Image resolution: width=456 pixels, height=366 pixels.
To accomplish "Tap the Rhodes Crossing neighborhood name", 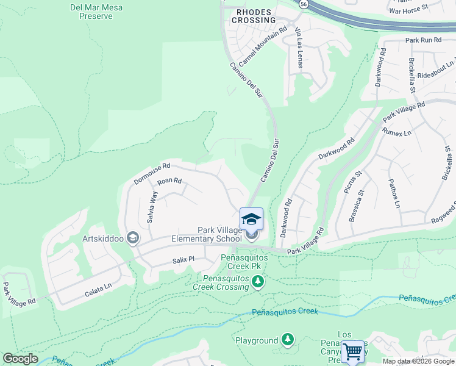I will (253, 16).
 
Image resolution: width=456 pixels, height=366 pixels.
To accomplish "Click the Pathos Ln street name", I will (394, 193).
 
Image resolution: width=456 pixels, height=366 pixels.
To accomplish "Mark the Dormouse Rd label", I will (152, 173).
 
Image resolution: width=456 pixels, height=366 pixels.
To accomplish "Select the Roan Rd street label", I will (169, 181).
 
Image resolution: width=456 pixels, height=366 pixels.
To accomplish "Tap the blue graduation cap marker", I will (251, 219).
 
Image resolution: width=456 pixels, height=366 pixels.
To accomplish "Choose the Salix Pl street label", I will (183, 259).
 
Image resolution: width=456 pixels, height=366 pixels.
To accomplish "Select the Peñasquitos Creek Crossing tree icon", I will (258, 281).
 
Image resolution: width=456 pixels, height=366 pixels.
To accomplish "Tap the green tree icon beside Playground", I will (288, 340).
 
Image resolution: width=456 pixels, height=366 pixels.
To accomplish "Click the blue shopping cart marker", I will (352, 351).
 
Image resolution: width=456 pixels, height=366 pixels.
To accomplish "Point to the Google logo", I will (20, 359).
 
